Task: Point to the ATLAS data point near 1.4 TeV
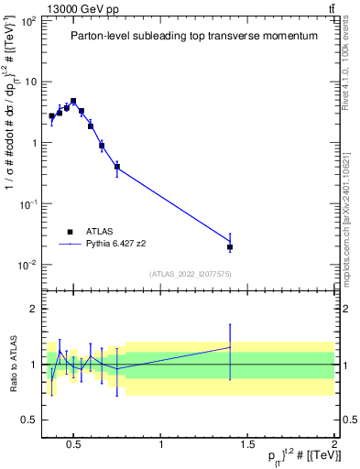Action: (x=230, y=247)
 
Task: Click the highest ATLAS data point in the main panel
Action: (x=73, y=101)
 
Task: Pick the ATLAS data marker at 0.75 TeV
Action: (x=117, y=167)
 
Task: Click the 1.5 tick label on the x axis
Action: (x=247, y=446)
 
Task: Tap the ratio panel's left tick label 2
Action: (x=32, y=309)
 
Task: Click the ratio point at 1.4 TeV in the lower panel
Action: (x=230, y=347)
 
